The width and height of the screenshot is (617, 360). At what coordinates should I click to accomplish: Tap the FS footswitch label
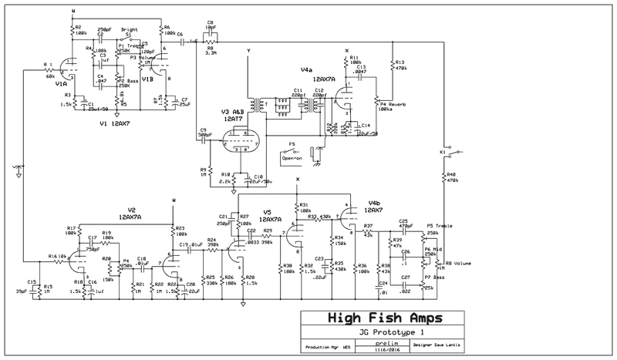(292, 143)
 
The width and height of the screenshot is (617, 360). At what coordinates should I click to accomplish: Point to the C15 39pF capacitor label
(32, 285)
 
